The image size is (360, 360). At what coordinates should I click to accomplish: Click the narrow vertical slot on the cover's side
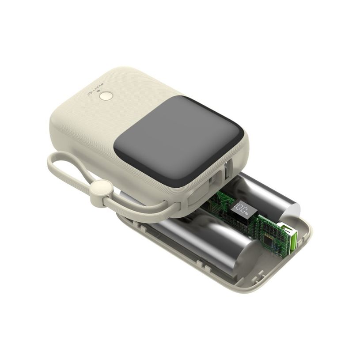click(227, 170)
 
